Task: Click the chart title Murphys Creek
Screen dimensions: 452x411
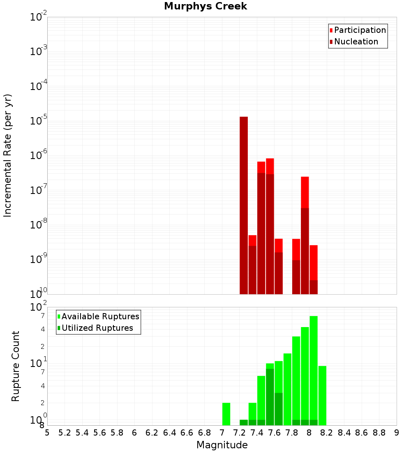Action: (x=205, y=7)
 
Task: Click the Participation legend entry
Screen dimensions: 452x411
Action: (x=360, y=30)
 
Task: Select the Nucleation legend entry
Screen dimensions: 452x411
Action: (x=356, y=42)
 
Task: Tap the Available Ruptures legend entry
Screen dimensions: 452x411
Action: (x=100, y=316)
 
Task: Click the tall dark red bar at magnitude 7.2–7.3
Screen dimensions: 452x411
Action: (x=244, y=205)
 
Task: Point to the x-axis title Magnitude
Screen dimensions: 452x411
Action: (x=222, y=445)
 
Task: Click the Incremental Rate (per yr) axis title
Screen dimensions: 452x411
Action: (x=8, y=156)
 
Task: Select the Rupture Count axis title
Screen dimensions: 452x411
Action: (x=16, y=366)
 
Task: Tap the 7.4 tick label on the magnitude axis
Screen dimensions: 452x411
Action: (x=257, y=433)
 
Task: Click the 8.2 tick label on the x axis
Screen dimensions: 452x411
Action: (x=327, y=433)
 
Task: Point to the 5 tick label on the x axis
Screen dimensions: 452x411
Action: (x=47, y=433)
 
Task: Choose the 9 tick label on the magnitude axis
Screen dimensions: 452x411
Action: (x=397, y=433)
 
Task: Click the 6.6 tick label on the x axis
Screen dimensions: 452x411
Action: (x=187, y=433)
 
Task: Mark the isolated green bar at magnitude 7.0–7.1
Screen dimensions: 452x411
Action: (x=226, y=414)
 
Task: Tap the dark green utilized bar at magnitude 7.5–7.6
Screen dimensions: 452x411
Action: (x=270, y=397)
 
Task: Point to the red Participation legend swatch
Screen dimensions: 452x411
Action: (x=331, y=30)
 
